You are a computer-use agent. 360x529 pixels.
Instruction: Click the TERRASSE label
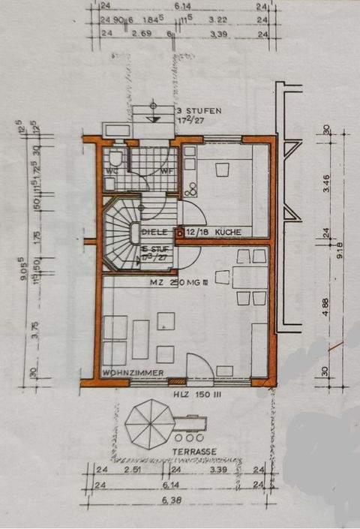[193, 451]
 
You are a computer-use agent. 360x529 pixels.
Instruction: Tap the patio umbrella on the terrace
[149, 424]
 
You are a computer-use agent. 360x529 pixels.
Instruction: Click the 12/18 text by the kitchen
[196, 233]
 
